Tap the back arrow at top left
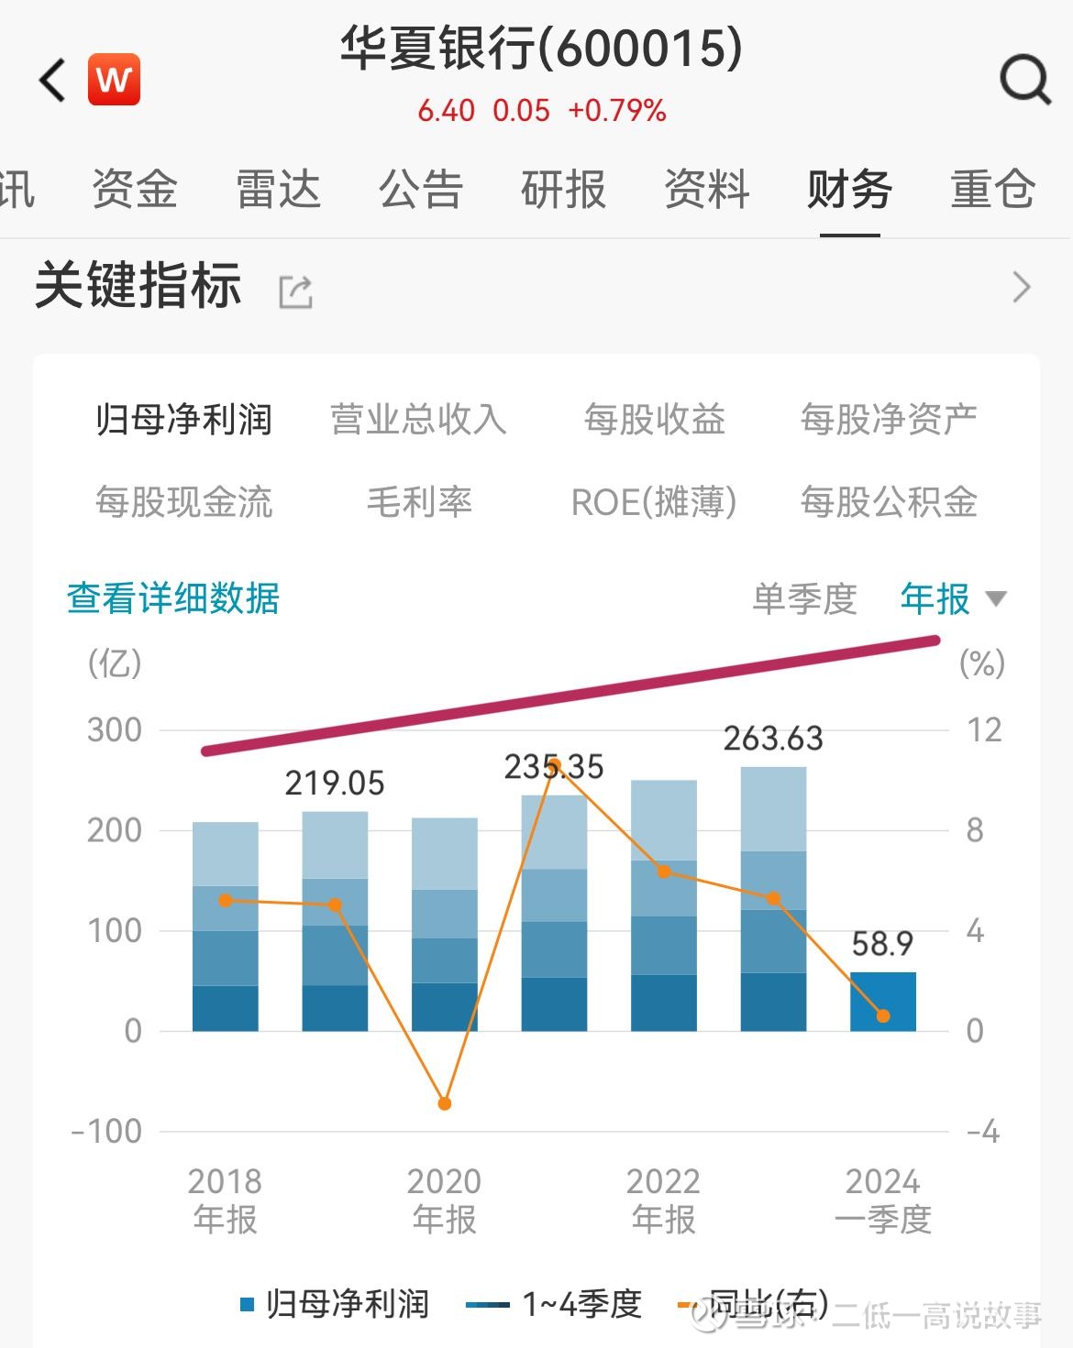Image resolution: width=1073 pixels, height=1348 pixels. (53, 81)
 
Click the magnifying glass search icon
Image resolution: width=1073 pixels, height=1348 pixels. (1024, 81)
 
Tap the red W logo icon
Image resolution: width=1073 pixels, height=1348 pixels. (115, 81)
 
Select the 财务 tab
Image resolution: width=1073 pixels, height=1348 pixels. (849, 191)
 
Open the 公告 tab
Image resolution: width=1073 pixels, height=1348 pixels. (421, 191)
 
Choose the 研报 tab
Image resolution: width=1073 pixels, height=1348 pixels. (563, 191)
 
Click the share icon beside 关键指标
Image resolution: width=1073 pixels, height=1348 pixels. (295, 291)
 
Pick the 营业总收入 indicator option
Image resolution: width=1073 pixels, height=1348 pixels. (418, 420)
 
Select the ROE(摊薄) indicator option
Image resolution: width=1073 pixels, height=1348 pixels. (653, 502)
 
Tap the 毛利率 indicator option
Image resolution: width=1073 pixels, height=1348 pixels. (418, 502)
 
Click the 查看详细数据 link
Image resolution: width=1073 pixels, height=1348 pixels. (172, 598)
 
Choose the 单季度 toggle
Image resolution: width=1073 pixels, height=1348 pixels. (804, 599)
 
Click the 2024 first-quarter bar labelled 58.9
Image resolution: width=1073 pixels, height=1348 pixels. (882, 1002)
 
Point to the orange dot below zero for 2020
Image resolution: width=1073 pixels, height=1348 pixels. (445, 1103)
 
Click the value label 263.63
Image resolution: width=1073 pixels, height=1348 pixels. (773, 739)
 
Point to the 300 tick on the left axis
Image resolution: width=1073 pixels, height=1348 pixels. (115, 730)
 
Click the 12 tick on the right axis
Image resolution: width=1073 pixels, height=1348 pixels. (984, 730)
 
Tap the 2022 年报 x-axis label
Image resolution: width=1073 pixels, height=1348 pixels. (663, 1200)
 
